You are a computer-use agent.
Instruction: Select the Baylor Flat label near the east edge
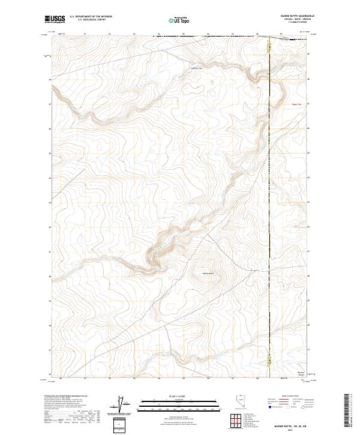[x=296, y=104]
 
